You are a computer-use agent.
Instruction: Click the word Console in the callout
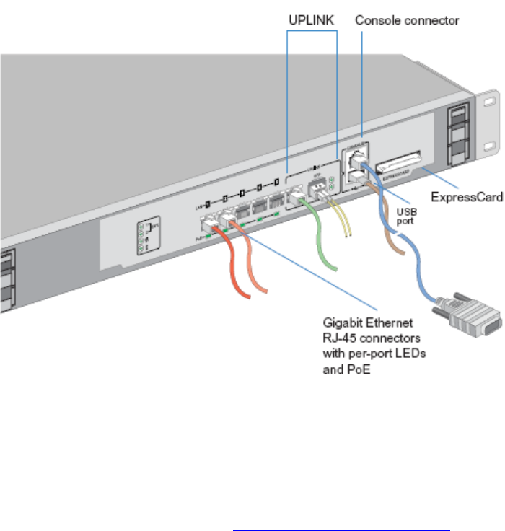click(376, 21)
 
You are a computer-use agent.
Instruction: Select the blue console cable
click(415, 260)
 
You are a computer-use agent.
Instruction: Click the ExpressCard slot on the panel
click(396, 167)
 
